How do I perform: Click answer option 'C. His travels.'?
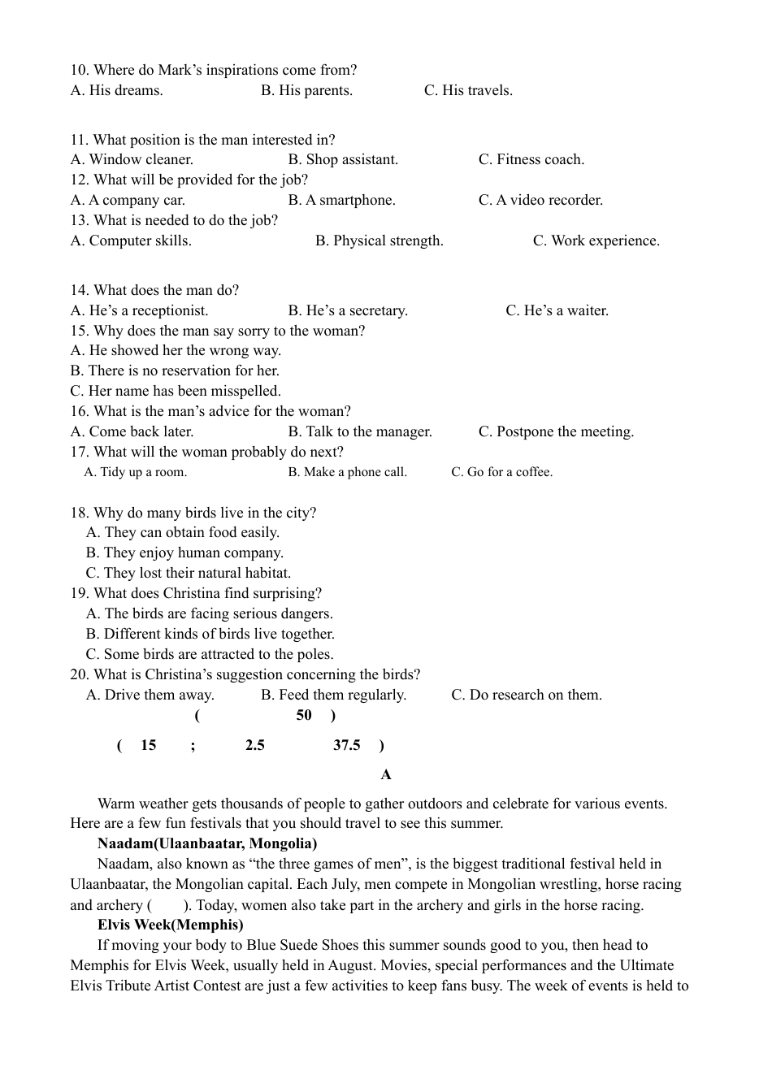click(468, 90)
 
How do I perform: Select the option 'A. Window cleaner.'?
click(132, 159)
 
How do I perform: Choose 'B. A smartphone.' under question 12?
click(341, 200)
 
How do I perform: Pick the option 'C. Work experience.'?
click(596, 240)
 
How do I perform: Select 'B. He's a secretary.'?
click(348, 310)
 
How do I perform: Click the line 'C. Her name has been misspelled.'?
click(176, 391)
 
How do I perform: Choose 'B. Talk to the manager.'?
click(360, 431)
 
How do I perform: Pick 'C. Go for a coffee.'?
click(501, 472)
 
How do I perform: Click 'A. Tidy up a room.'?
click(136, 472)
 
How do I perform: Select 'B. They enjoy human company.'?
click(184, 552)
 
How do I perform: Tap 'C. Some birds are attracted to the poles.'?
click(210, 654)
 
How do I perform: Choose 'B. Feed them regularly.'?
click(333, 695)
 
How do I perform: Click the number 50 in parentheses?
click(304, 715)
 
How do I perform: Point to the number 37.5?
click(347, 745)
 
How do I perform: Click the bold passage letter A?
click(386, 774)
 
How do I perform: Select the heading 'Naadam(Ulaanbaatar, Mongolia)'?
click(207, 843)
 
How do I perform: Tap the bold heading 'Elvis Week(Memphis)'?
click(171, 925)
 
